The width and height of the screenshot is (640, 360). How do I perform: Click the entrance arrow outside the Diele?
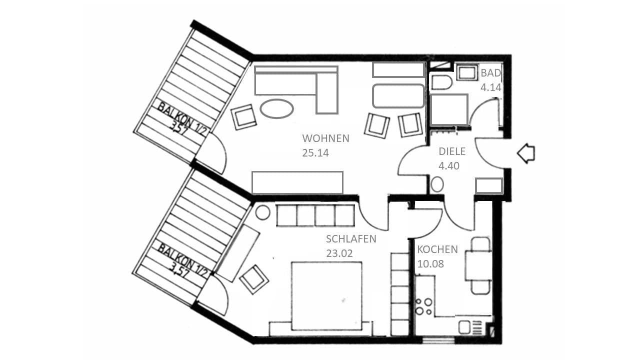coord(525,153)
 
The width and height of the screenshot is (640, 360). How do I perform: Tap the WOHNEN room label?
coord(325,138)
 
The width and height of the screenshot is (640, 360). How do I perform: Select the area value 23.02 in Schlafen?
coord(339,253)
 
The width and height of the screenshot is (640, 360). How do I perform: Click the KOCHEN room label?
coord(437,249)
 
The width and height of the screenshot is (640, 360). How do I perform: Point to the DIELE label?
coord(452,152)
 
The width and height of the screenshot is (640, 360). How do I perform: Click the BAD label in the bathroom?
coord(490,73)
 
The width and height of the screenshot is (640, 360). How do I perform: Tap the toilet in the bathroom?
coord(441,83)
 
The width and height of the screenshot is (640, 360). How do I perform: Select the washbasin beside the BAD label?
coord(468,72)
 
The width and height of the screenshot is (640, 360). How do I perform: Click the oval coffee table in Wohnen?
coord(277,109)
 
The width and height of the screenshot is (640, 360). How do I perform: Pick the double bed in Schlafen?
coord(326,296)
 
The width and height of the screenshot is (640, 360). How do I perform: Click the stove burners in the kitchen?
coord(423,306)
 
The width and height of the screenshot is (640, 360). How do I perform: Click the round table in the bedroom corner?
coord(263,212)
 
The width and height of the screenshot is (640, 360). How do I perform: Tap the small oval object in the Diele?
coord(437,184)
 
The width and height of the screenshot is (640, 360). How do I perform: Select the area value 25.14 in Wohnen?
coord(315,153)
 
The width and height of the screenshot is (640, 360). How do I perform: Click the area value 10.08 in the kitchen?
coord(430,264)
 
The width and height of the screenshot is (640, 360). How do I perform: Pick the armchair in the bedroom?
coord(254,278)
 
